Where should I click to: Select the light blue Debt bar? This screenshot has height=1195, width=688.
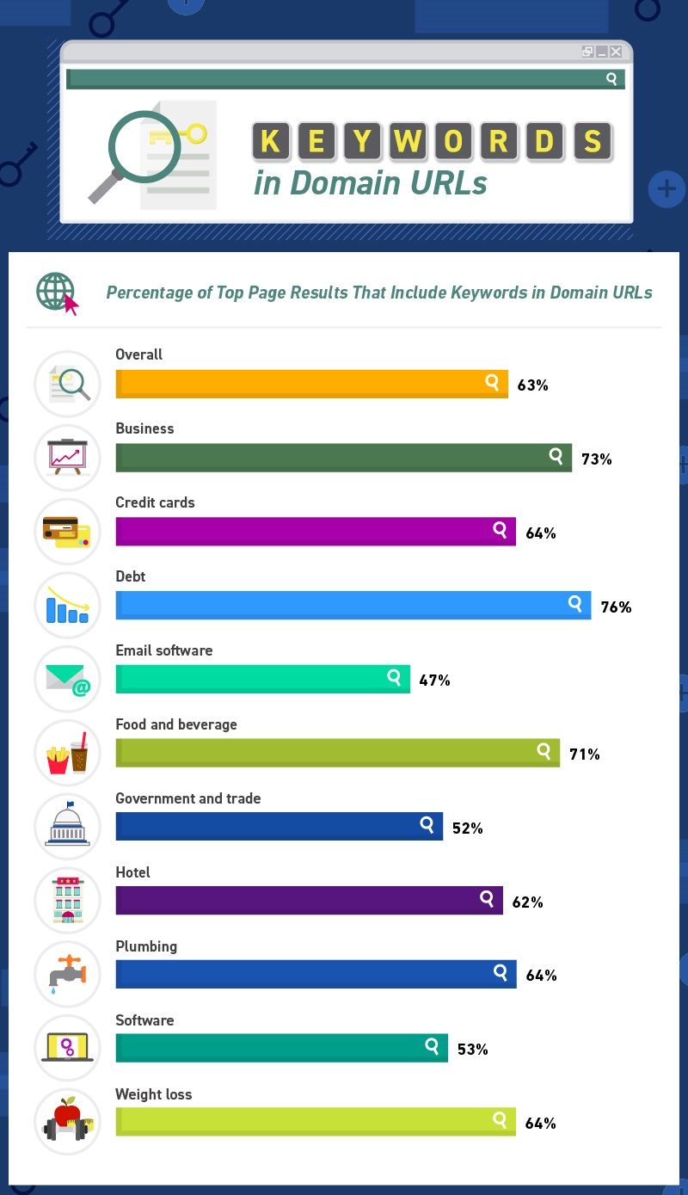tap(353, 606)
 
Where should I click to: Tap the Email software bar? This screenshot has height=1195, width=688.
tap(262, 679)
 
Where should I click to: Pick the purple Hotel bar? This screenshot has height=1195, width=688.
tap(309, 901)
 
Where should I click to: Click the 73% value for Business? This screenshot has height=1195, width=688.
tap(596, 459)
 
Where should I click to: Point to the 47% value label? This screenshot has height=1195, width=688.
tap(434, 681)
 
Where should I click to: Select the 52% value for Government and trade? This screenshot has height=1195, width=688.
tap(467, 828)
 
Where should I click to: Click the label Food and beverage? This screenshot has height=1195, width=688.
tap(176, 724)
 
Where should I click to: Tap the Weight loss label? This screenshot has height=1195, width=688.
tap(154, 1094)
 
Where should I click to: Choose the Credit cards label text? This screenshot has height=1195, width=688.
tap(155, 502)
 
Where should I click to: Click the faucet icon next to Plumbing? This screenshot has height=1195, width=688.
tap(67, 974)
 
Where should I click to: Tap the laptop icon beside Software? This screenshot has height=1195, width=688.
tap(67, 1047)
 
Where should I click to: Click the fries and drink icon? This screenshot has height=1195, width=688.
tap(67, 754)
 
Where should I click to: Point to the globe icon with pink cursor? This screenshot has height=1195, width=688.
tap(57, 293)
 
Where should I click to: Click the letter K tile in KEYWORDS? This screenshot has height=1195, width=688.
tap(271, 142)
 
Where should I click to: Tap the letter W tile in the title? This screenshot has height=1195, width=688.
tap(408, 142)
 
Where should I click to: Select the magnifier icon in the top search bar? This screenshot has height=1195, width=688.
tap(611, 79)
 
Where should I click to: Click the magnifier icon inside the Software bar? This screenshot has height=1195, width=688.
tap(433, 1046)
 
